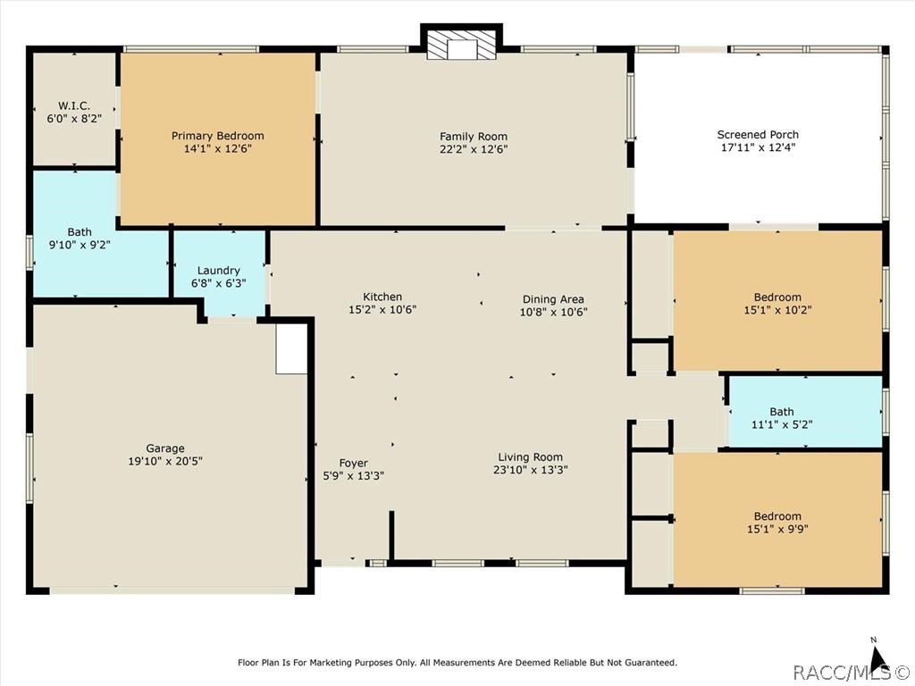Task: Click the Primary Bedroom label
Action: click(218, 136)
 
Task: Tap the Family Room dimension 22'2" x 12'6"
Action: click(474, 149)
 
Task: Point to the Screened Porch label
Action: click(758, 135)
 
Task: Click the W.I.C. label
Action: click(74, 105)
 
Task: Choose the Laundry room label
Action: click(218, 271)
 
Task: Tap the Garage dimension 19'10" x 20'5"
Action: click(165, 462)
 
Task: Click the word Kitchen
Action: click(382, 297)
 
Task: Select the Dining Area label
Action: click(552, 299)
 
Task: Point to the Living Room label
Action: click(530, 457)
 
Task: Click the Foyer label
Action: click(353, 464)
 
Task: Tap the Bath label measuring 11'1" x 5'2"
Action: click(781, 412)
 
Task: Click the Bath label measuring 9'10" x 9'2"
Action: click(80, 232)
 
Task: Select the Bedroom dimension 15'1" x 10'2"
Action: click(777, 310)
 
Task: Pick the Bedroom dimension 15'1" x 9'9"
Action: click(777, 530)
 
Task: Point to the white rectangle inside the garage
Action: click(291, 349)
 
